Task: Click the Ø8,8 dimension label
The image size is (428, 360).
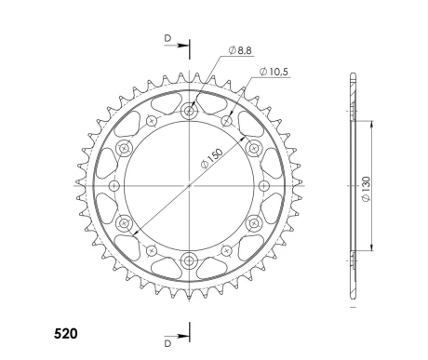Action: click(240, 50)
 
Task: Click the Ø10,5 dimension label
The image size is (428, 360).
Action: click(274, 72)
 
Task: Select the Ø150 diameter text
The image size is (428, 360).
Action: click(212, 158)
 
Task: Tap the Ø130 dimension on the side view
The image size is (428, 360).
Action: click(367, 189)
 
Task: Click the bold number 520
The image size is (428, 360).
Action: click(66, 334)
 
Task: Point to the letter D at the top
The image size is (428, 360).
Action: click(167, 38)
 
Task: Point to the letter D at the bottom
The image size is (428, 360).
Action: click(167, 343)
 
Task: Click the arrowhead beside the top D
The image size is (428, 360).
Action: click(182, 46)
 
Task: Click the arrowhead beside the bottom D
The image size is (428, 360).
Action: click(182, 337)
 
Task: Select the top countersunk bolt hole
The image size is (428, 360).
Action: click(189, 111)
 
